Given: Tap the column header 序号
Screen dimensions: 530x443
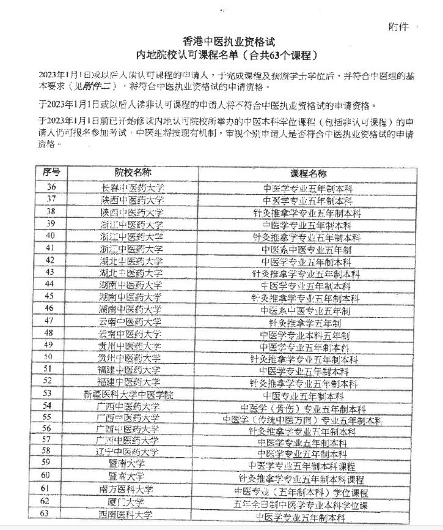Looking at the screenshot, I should pos(51,172).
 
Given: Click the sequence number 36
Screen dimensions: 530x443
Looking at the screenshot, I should pos(51,187).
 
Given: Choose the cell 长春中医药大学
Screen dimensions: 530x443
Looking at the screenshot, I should pos(133,188).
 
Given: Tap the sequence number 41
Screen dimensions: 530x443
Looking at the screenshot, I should pos(51,248).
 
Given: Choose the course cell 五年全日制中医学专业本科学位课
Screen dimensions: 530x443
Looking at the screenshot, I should pos(301,506).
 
